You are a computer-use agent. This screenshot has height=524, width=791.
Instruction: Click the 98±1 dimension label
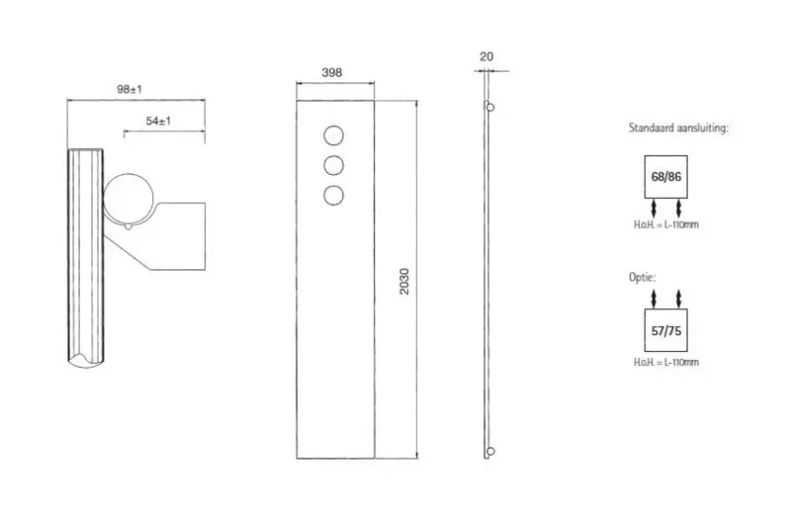tap(130, 89)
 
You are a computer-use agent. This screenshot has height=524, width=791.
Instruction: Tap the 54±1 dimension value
tap(158, 121)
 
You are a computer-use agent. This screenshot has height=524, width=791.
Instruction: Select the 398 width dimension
tap(332, 72)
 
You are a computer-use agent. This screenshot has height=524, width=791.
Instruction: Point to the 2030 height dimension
tap(404, 282)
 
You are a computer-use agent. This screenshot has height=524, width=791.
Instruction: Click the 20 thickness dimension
tap(486, 56)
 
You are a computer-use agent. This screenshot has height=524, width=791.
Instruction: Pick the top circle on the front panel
tap(333, 135)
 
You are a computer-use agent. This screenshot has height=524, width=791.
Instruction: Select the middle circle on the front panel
tap(333, 165)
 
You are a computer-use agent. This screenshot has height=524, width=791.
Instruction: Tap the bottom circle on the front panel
tap(333, 195)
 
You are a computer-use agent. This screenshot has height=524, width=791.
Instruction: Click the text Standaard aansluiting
tap(678, 129)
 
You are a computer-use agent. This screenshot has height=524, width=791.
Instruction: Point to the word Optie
tap(642, 277)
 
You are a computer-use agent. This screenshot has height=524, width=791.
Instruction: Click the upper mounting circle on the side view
tap(489, 108)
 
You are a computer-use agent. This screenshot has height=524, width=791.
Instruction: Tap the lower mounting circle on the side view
tap(489, 452)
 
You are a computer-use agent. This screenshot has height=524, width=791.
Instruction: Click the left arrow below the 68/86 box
tap(654, 209)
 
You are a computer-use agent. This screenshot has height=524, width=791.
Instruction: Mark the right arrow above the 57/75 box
tap(678, 299)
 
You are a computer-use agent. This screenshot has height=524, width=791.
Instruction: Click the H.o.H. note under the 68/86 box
tap(665, 224)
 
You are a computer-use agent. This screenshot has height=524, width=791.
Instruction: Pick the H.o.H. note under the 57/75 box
tap(665, 362)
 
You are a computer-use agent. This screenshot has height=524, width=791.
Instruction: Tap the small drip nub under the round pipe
tap(129, 226)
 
